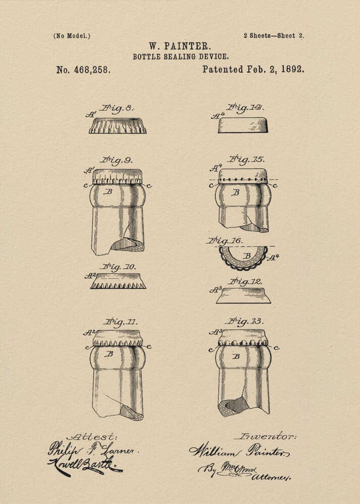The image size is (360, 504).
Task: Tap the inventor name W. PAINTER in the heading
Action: [x=180, y=46]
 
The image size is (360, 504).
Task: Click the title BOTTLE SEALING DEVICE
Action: [x=181, y=57]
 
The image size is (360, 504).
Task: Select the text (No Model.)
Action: [x=72, y=36]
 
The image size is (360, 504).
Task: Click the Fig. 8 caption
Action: [x=117, y=108]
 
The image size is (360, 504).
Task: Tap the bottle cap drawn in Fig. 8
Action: [x=117, y=125]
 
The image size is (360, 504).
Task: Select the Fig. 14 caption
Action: [x=246, y=107]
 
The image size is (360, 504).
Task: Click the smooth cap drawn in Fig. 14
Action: [x=243, y=125]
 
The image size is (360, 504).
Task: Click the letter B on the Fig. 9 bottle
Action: [x=107, y=192]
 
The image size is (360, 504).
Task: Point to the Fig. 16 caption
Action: [x=224, y=241]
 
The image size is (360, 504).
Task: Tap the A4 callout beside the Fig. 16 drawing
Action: [x=273, y=257]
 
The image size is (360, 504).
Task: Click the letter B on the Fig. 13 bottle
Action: [x=235, y=356]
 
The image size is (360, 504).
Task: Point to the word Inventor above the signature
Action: [x=265, y=436]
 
